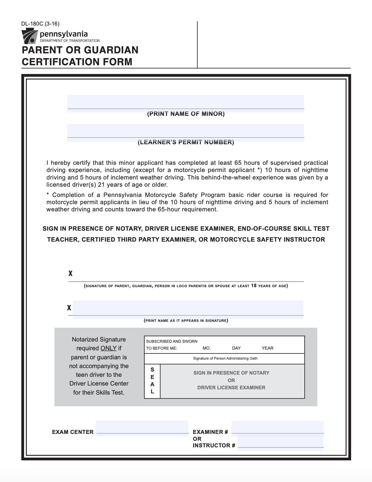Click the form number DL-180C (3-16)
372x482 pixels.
click(x=40, y=24)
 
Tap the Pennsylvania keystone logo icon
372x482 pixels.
click(x=29, y=36)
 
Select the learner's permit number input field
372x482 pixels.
click(x=185, y=131)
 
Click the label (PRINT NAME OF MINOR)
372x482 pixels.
click(x=186, y=114)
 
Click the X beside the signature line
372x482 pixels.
click(x=71, y=274)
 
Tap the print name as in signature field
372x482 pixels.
click(x=188, y=308)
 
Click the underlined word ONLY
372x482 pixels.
click(x=109, y=348)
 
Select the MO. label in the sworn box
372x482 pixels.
click(x=207, y=348)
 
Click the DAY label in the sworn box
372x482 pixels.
click(x=236, y=348)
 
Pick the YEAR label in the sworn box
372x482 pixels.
click(x=267, y=348)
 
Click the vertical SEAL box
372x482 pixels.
click(x=152, y=381)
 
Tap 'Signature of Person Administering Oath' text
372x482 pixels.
click(x=225, y=358)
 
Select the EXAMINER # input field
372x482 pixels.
click(x=277, y=427)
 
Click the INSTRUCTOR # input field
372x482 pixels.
click(x=280, y=442)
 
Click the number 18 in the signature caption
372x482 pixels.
click(x=253, y=286)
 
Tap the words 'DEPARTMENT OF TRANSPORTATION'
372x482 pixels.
click(x=70, y=41)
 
